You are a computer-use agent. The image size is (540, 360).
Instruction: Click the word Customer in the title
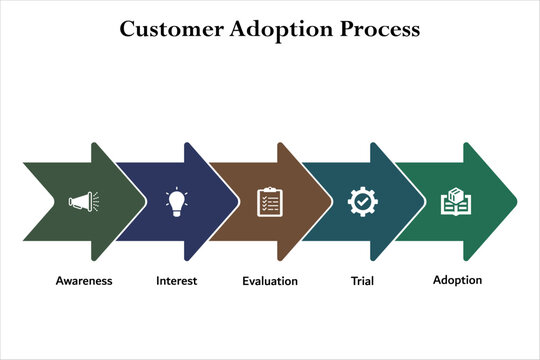coord(170,29)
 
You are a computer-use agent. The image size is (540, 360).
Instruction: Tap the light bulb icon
coord(178,202)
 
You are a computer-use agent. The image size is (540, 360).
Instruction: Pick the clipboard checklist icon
coord(269,202)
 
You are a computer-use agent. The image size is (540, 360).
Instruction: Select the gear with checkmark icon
coord(362,202)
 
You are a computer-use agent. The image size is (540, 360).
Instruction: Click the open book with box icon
coord(456,202)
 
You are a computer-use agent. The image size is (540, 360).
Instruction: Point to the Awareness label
coord(84,281)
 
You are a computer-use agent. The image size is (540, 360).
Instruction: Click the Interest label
coord(176,281)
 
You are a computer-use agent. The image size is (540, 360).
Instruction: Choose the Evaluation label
coord(270,281)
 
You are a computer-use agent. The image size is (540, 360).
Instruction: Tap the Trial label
coord(362,281)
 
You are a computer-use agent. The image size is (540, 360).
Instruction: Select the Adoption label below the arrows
coord(457,280)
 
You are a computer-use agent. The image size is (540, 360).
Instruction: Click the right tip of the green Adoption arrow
coord(517,202)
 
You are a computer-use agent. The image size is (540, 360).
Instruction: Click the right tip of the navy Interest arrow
coord(239,202)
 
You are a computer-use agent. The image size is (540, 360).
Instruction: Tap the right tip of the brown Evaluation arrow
coord(332,202)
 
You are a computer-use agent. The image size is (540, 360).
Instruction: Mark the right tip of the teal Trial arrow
coord(425,202)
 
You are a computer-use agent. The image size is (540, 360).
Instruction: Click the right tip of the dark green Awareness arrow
coord(146,202)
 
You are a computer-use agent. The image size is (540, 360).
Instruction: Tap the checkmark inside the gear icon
coord(362,203)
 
